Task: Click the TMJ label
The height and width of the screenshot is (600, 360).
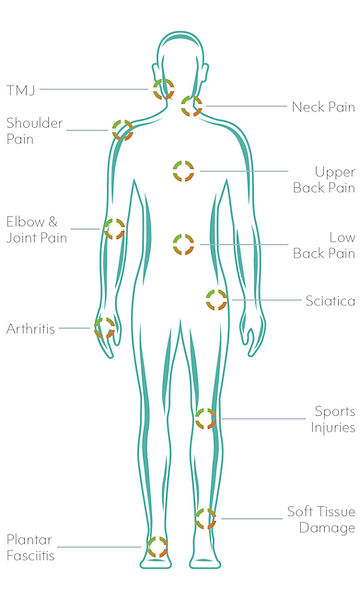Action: pyautogui.click(x=20, y=89)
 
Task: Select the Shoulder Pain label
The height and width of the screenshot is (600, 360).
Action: pyautogui.click(x=34, y=131)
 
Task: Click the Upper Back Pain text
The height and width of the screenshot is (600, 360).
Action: pyautogui.click(x=321, y=179)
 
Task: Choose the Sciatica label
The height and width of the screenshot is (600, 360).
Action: pyautogui.click(x=330, y=300)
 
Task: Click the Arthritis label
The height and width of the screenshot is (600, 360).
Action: pyautogui.click(x=30, y=327)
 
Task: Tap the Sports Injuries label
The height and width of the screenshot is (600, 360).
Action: pyautogui.click(x=332, y=419)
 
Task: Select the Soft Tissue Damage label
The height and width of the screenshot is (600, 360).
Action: pyautogui.click(x=320, y=520)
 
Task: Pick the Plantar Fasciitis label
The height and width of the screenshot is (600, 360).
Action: pyautogui.click(x=30, y=546)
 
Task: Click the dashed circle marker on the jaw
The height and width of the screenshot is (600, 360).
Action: pyautogui.click(x=164, y=89)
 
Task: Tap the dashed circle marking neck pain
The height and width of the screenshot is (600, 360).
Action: pyautogui.click(x=191, y=106)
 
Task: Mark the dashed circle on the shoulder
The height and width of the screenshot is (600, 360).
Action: pyautogui.click(x=122, y=130)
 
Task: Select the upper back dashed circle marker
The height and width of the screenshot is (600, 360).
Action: pyautogui.click(x=183, y=170)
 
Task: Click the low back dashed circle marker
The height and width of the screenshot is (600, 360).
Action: pyautogui.click(x=183, y=244)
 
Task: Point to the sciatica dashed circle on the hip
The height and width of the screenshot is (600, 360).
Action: pyautogui.click(x=216, y=299)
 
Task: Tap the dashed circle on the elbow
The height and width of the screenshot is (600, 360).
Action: pyautogui.click(x=114, y=229)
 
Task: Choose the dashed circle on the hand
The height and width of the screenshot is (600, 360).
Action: pyautogui.click(x=105, y=327)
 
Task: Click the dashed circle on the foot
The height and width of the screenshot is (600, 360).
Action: pyautogui.click(x=157, y=546)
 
